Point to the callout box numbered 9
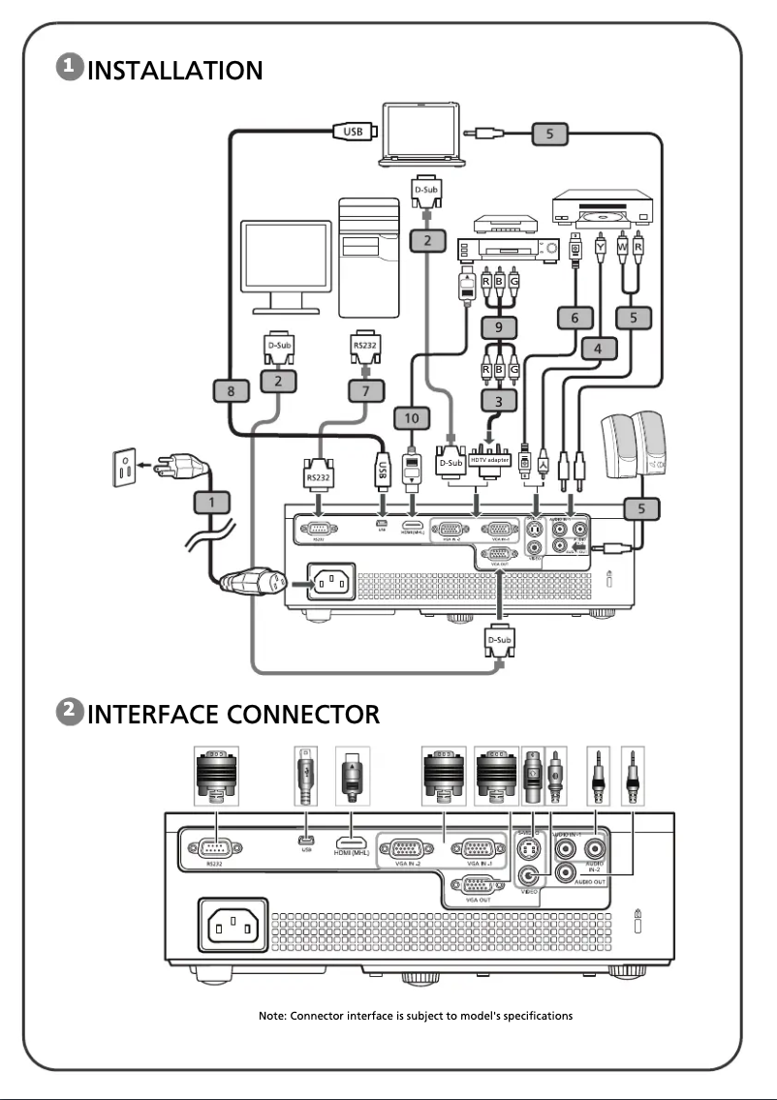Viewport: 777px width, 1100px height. tap(499, 328)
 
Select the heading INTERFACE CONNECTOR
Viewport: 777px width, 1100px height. tap(233, 714)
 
